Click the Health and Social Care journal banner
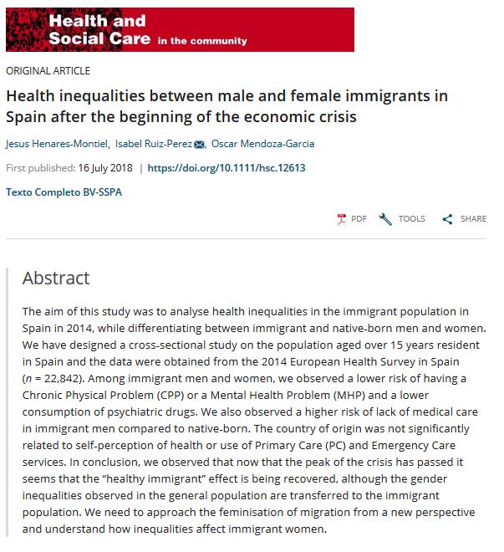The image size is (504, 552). (180, 29)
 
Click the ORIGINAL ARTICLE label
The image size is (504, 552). (48, 71)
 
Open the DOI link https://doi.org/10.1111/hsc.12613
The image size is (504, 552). (227, 168)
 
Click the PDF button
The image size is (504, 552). (352, 219)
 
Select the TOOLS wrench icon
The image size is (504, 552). (385, 219)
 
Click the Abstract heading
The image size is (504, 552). (56, 279)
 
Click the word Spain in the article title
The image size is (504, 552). (28, 116)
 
